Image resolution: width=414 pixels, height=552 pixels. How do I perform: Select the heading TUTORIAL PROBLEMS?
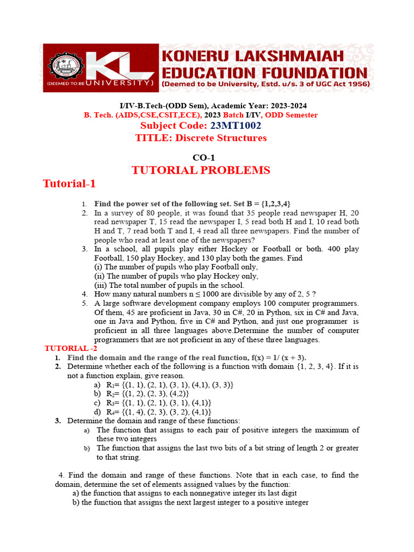[201, 170]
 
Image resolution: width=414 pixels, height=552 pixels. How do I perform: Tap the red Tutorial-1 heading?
[69, 184]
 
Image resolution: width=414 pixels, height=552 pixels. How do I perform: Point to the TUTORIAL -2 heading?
[70, 349]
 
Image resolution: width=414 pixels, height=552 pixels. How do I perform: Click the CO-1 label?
[201, 157]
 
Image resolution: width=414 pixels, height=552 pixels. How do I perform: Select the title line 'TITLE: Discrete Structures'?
[201, 138]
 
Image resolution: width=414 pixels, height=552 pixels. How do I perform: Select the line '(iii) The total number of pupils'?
[169, 285]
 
